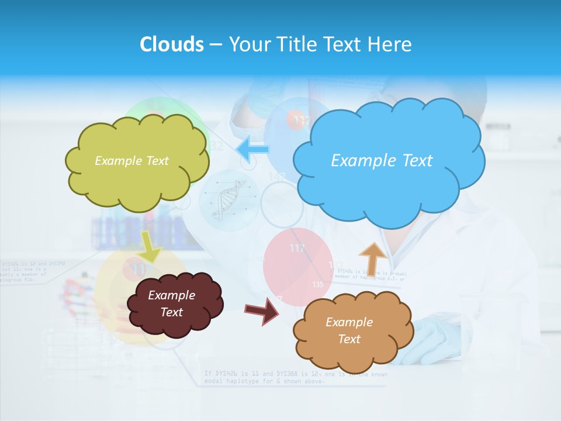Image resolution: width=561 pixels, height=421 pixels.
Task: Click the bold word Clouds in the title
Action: [172, 44]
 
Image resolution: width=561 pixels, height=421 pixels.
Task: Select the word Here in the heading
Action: [392, 44]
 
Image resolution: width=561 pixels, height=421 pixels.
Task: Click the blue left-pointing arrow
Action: [252, 150]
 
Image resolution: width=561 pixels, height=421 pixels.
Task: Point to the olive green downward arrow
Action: [151, 246]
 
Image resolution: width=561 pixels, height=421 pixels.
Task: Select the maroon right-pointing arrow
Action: [262, 310]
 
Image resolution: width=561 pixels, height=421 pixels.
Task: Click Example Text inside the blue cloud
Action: [382, 161]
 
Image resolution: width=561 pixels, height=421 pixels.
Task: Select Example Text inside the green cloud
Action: [131, 161]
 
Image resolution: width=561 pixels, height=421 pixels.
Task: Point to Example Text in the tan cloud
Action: [349, 330]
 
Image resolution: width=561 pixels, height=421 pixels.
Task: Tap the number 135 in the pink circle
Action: [318, 285]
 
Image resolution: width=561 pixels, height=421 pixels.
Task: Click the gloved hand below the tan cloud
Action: [435, 339]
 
